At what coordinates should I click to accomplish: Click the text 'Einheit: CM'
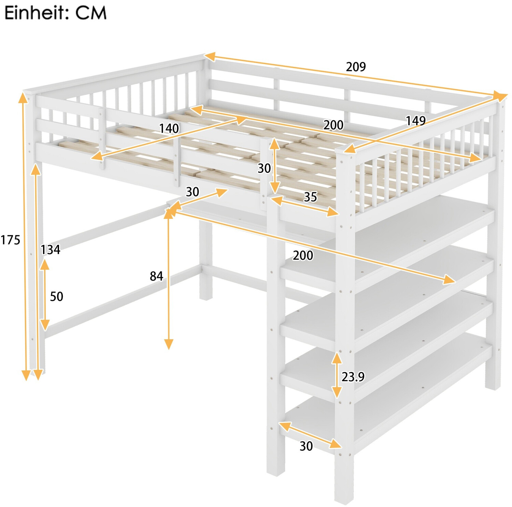55,13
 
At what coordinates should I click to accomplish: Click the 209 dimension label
356,66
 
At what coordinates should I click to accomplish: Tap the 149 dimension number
415,121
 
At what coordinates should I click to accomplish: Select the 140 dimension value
169,129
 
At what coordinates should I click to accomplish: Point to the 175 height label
11,240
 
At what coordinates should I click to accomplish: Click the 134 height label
51,250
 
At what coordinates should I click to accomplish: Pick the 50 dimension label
57,296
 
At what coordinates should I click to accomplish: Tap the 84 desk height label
156,276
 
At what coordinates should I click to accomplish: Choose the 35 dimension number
310,197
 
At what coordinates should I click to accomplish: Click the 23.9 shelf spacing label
353,377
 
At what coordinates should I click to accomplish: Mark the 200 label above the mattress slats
333,125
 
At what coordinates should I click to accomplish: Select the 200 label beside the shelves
303,255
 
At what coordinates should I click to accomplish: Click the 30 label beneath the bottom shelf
306,446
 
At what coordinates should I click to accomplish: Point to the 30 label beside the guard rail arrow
264,168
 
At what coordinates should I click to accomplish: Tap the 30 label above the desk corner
193,192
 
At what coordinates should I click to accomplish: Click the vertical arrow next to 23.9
337,375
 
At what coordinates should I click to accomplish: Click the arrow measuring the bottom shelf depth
310,435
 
